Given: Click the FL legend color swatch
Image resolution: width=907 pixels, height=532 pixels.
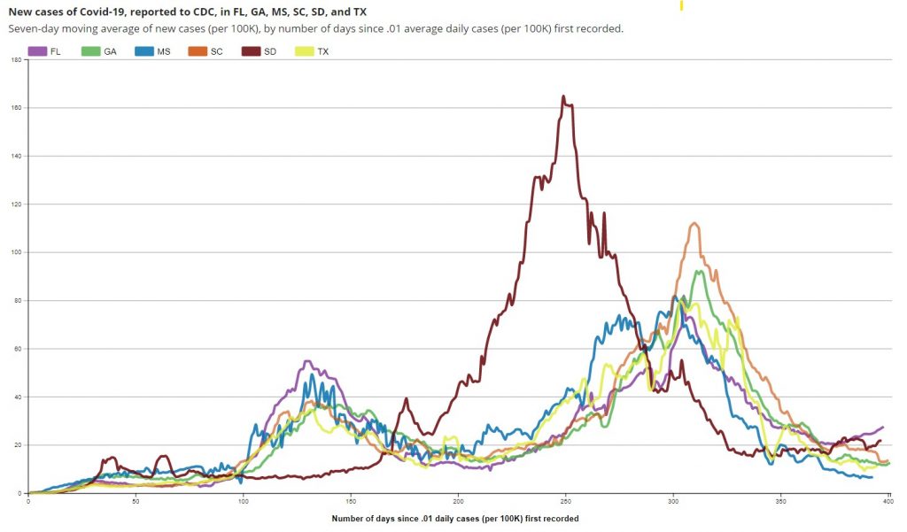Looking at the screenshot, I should [37, 51].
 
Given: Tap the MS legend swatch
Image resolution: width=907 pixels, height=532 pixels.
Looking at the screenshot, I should [143, 51].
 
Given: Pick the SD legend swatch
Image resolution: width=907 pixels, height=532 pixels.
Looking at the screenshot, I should [250, 51].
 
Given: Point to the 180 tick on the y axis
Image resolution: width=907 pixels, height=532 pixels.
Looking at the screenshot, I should [16, 60].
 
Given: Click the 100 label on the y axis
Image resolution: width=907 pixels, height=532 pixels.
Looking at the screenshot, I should [16, 252].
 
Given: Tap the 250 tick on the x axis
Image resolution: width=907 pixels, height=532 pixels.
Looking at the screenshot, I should [565, 501].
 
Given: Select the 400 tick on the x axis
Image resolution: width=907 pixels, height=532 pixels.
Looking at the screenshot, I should [888, 501].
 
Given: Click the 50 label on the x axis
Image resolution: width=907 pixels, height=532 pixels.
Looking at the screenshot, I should [136, 501].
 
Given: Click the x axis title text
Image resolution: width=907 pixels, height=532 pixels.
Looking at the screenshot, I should [455, 517].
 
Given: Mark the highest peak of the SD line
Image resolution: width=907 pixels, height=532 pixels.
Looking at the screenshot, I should [563, 96].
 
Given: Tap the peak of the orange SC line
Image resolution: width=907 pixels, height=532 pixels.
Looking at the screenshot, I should [694, 223].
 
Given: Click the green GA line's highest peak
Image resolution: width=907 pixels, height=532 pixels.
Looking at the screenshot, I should [701, 271].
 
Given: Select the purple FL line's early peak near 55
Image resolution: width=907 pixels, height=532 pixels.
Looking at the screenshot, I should [306, 361].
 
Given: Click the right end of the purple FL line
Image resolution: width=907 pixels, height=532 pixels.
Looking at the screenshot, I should [882, 428].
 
